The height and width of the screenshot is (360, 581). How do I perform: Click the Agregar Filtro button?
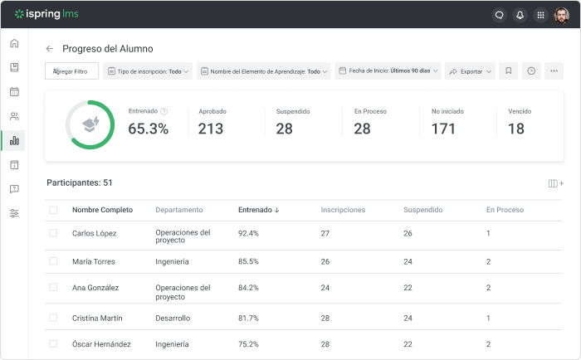[x=71, y=71]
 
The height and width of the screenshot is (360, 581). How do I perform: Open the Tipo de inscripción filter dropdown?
[x=148, y=71]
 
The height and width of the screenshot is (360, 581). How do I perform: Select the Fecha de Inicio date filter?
[x=388, y=71]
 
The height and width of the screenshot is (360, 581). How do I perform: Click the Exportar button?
[x=470, y=71]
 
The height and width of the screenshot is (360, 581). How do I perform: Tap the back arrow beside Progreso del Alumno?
[x=50, y=49]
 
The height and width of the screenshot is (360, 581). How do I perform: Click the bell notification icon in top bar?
[x=520, y=14]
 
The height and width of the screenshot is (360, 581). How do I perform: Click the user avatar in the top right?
[x=561, y=14]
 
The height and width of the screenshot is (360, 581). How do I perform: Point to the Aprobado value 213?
[x=211, y=129]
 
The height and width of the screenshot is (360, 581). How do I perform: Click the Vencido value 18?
[x=515, y=129]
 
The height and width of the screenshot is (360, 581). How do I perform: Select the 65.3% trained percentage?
[x=149, y=129]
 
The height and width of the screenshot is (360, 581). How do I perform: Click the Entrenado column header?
[x=258, y=210]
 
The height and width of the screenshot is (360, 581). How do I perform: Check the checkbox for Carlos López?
[x=53, y=233]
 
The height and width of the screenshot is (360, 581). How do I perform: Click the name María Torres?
[x=93, y=261]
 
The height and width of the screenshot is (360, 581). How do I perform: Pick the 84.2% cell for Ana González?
[x=248, y=288]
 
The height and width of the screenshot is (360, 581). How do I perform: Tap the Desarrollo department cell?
[x=173, y=318]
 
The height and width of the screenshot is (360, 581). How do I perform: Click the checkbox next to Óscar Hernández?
[x=53, y=343]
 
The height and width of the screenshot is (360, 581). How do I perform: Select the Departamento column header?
[x=178, y=210]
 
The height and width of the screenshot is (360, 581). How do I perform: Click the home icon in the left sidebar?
[x=14, y=43]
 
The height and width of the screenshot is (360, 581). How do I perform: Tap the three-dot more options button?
[x=554, y=71]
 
